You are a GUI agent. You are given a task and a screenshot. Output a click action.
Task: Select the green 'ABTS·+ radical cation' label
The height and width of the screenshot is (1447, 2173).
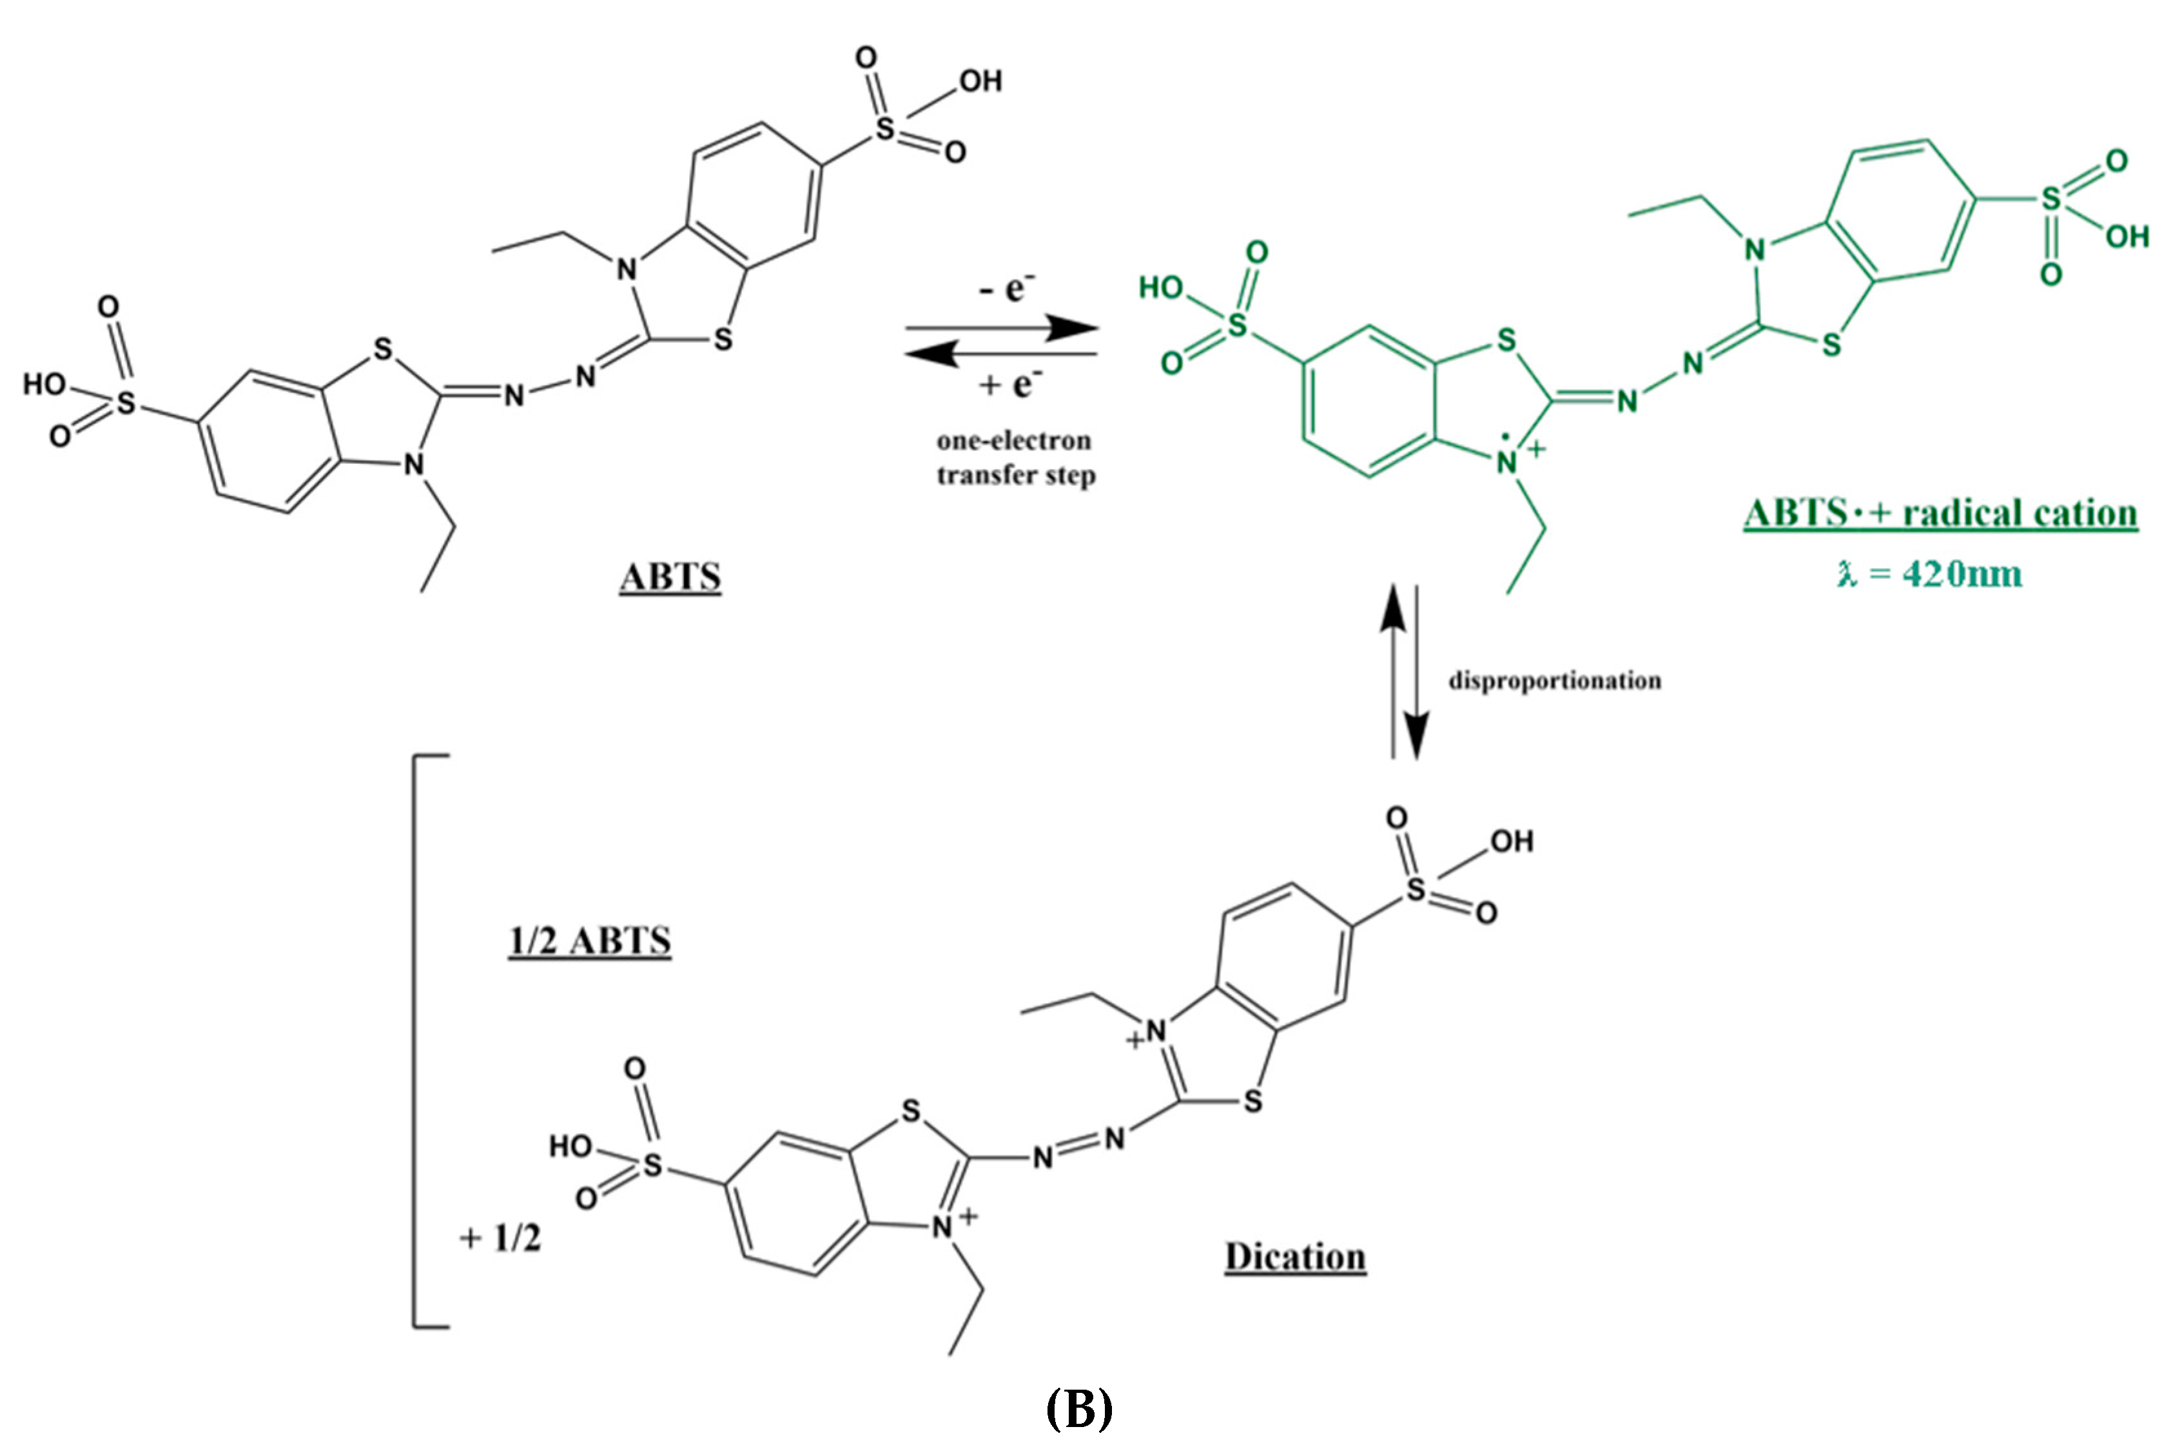click(1940, 513)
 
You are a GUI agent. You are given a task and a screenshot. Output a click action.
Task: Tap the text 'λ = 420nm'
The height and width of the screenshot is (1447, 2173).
click(1930, 574)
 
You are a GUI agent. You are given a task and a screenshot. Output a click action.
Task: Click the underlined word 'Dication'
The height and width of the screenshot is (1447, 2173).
click(1294, 1257)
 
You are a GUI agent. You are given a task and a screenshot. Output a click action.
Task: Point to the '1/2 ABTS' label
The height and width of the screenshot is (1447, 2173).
click(590, 941)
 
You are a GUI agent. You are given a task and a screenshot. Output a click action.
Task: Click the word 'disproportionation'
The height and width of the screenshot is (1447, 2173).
click(1555, 681)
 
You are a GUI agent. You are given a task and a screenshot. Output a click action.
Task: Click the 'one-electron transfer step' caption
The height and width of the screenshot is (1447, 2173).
click(1015, 457)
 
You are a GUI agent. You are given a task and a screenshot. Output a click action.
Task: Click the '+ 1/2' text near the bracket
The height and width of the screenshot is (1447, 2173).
click(500, 1238)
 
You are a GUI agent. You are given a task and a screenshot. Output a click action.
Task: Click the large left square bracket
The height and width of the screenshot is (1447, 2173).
click(417, 1041)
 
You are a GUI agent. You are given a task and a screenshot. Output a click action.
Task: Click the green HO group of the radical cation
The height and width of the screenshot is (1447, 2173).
click(1160, 288)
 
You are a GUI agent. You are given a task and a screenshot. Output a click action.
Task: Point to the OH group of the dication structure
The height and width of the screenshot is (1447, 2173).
click(1511, 841)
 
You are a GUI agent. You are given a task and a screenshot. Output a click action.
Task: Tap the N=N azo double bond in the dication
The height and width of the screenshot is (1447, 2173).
click(1079, 1147)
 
